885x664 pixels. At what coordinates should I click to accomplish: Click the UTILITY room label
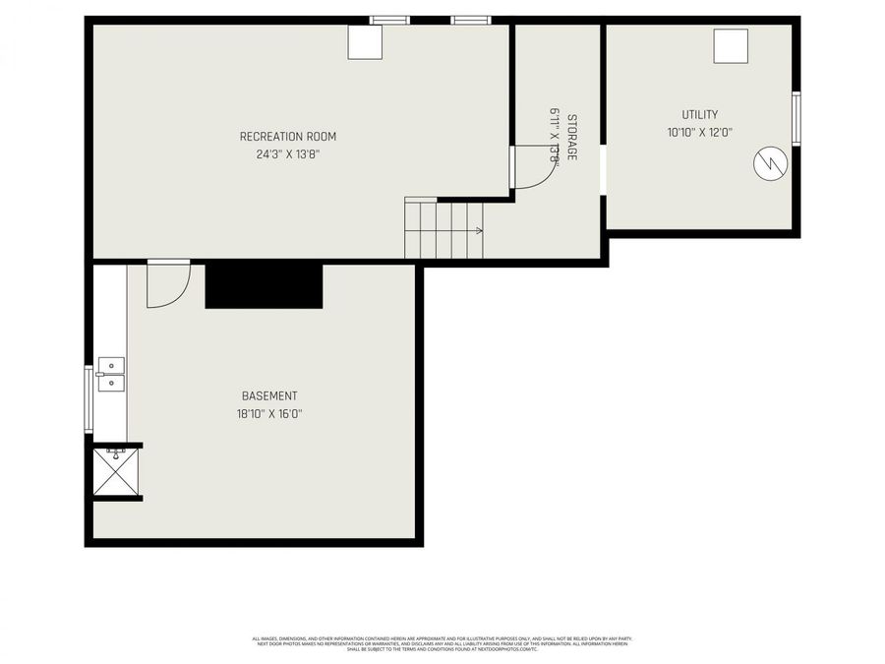(700, 115)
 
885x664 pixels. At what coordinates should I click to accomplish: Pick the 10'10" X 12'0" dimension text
(700, 132)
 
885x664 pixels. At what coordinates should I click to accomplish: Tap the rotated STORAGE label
(571, 138)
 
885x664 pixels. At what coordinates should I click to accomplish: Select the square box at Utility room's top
(731, 46)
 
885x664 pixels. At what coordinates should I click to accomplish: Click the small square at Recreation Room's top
(365, 42)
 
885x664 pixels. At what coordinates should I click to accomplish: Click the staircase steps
(442, 228)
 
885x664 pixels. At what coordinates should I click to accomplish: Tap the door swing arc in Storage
(536, 167)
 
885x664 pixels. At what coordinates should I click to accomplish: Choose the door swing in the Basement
(168, 286)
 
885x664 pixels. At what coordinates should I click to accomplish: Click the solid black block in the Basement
(264, 285)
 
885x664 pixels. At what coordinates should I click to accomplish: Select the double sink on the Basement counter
(111, 374)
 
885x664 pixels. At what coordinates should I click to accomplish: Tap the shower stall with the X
(115, 473)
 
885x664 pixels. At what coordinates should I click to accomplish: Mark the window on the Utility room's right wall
(796, 118)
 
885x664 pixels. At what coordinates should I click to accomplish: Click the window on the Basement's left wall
(88, 398)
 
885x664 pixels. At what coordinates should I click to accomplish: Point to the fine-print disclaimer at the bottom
(442, 643)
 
